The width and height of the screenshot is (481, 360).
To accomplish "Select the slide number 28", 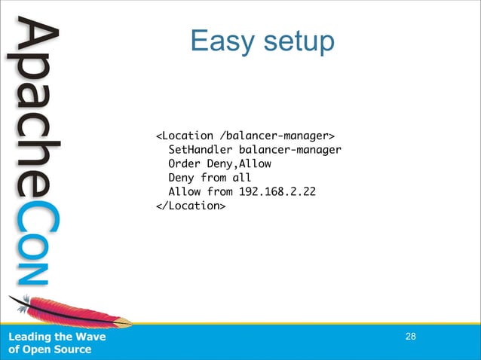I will point(410,336).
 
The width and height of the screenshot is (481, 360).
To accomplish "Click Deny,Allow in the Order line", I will point(239,163).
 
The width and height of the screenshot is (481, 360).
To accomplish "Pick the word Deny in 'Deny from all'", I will point(181,178).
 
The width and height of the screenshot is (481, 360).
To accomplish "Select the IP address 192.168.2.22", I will point(277,191).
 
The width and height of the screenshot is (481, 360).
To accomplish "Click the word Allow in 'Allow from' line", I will point(184,191).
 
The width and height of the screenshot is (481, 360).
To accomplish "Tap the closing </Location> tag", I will point(190,206).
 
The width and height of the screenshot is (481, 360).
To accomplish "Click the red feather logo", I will point(72,311).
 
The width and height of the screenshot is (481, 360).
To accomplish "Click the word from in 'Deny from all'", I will point(213,178).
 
